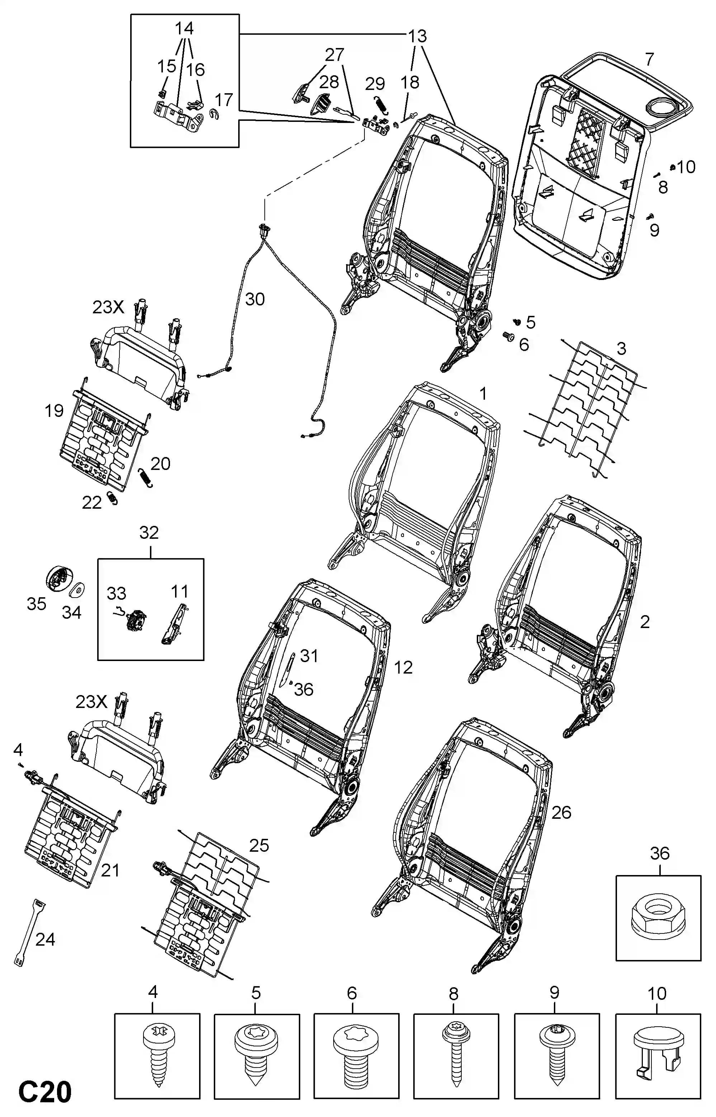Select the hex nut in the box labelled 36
658,915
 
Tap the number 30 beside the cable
255,299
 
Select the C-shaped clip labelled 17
215,114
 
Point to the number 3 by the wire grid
621,348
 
